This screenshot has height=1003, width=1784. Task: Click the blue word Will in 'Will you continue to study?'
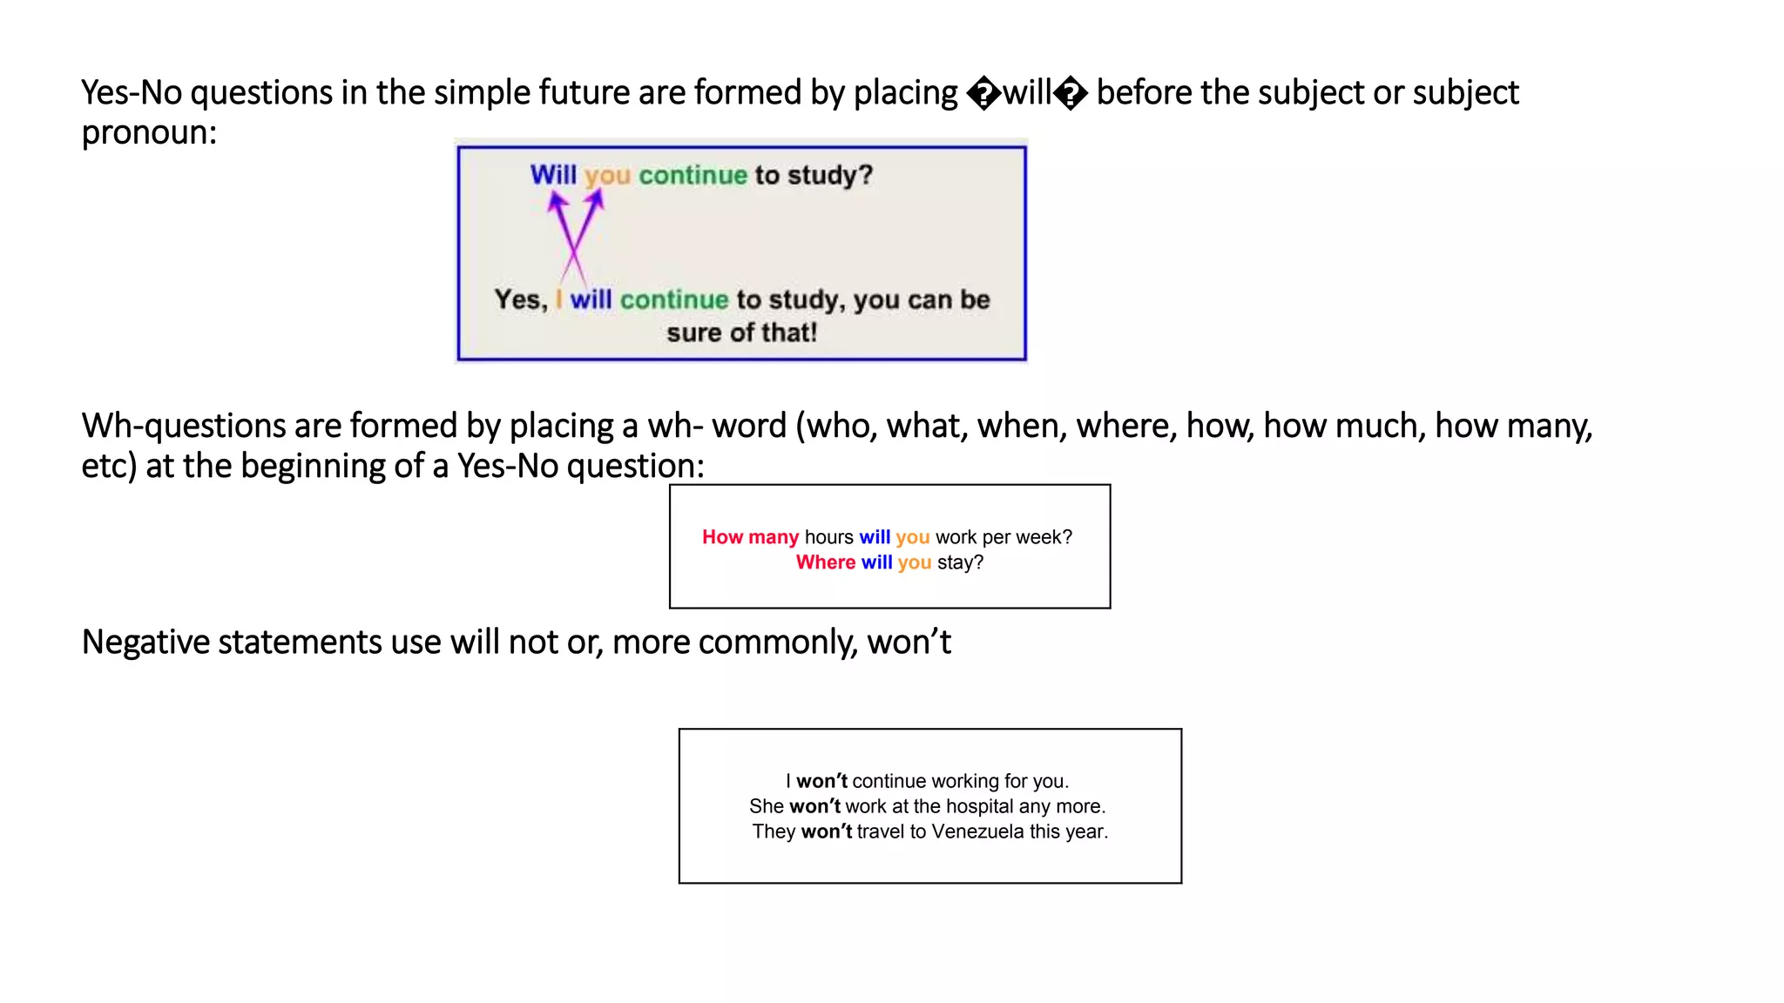(553, 175)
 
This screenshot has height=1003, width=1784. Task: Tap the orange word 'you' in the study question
(607, 176)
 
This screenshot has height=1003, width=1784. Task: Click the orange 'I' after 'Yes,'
(558, 300)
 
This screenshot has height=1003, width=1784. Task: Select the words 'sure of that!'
(742, 333)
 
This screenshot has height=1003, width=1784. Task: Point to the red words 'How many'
(750, 537)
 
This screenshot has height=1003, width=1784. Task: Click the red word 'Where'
(826, 562)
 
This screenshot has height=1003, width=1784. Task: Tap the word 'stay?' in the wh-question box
(960, 562)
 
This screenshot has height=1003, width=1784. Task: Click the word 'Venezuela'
(977, 831)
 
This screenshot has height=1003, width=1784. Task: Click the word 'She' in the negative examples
(767, 806)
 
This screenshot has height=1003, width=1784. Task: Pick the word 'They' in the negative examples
(774, 831)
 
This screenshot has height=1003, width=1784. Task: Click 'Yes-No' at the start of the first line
(132, 93)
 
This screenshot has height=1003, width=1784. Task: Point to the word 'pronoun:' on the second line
(149, 133)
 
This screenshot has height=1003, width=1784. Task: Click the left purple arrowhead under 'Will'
(557, 202)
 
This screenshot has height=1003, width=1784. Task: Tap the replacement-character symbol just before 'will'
(984, 93)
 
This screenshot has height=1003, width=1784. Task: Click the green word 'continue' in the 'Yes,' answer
(674, 300)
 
